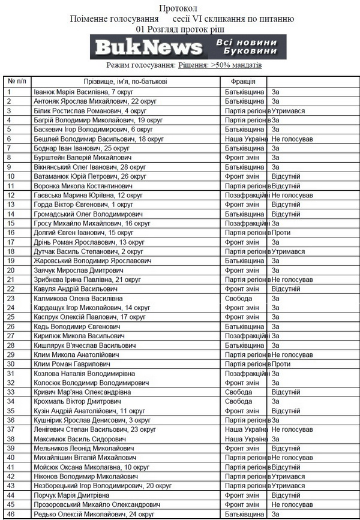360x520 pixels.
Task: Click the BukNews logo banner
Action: tap(188, 47)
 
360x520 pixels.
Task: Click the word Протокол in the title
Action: tap(178, 8)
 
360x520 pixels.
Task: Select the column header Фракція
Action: tap(242, 82)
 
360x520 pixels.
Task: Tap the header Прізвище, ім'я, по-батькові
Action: tap(125, 82)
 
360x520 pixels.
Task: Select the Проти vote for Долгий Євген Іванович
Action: tap(281, 232)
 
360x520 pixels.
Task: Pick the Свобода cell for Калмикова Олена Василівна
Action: tap(238, 298)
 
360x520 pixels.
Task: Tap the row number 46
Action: tap(11, 514)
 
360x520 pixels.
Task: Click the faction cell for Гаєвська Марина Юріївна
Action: tap(245, 196)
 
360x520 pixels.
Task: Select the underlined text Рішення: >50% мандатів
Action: tap(220, 65)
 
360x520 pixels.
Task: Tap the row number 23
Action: tap(11, 298)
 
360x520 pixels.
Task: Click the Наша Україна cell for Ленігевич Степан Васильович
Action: tap(247, 429)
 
